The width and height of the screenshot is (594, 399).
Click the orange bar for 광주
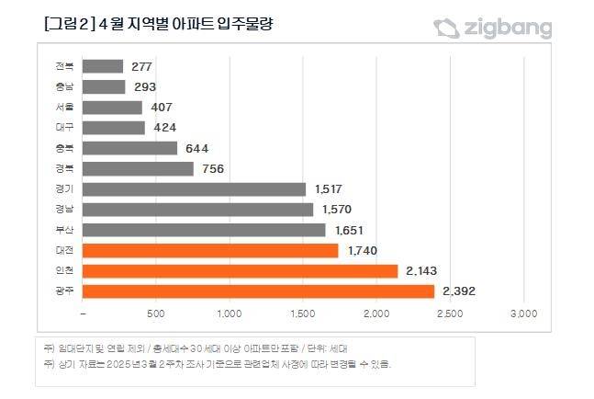258,291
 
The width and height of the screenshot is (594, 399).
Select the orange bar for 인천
240,271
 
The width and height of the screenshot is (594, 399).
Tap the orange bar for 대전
210,250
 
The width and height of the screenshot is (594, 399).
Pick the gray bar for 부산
204,230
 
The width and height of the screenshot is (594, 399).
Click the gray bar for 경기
194,189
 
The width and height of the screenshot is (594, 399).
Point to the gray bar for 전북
103,66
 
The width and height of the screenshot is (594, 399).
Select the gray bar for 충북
129,148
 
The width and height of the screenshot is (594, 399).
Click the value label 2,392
458,291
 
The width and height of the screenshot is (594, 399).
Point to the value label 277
140,66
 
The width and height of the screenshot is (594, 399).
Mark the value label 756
213,168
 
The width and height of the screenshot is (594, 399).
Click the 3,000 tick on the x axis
522,314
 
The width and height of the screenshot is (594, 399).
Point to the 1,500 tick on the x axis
303,314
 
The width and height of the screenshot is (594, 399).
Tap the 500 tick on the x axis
156,314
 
